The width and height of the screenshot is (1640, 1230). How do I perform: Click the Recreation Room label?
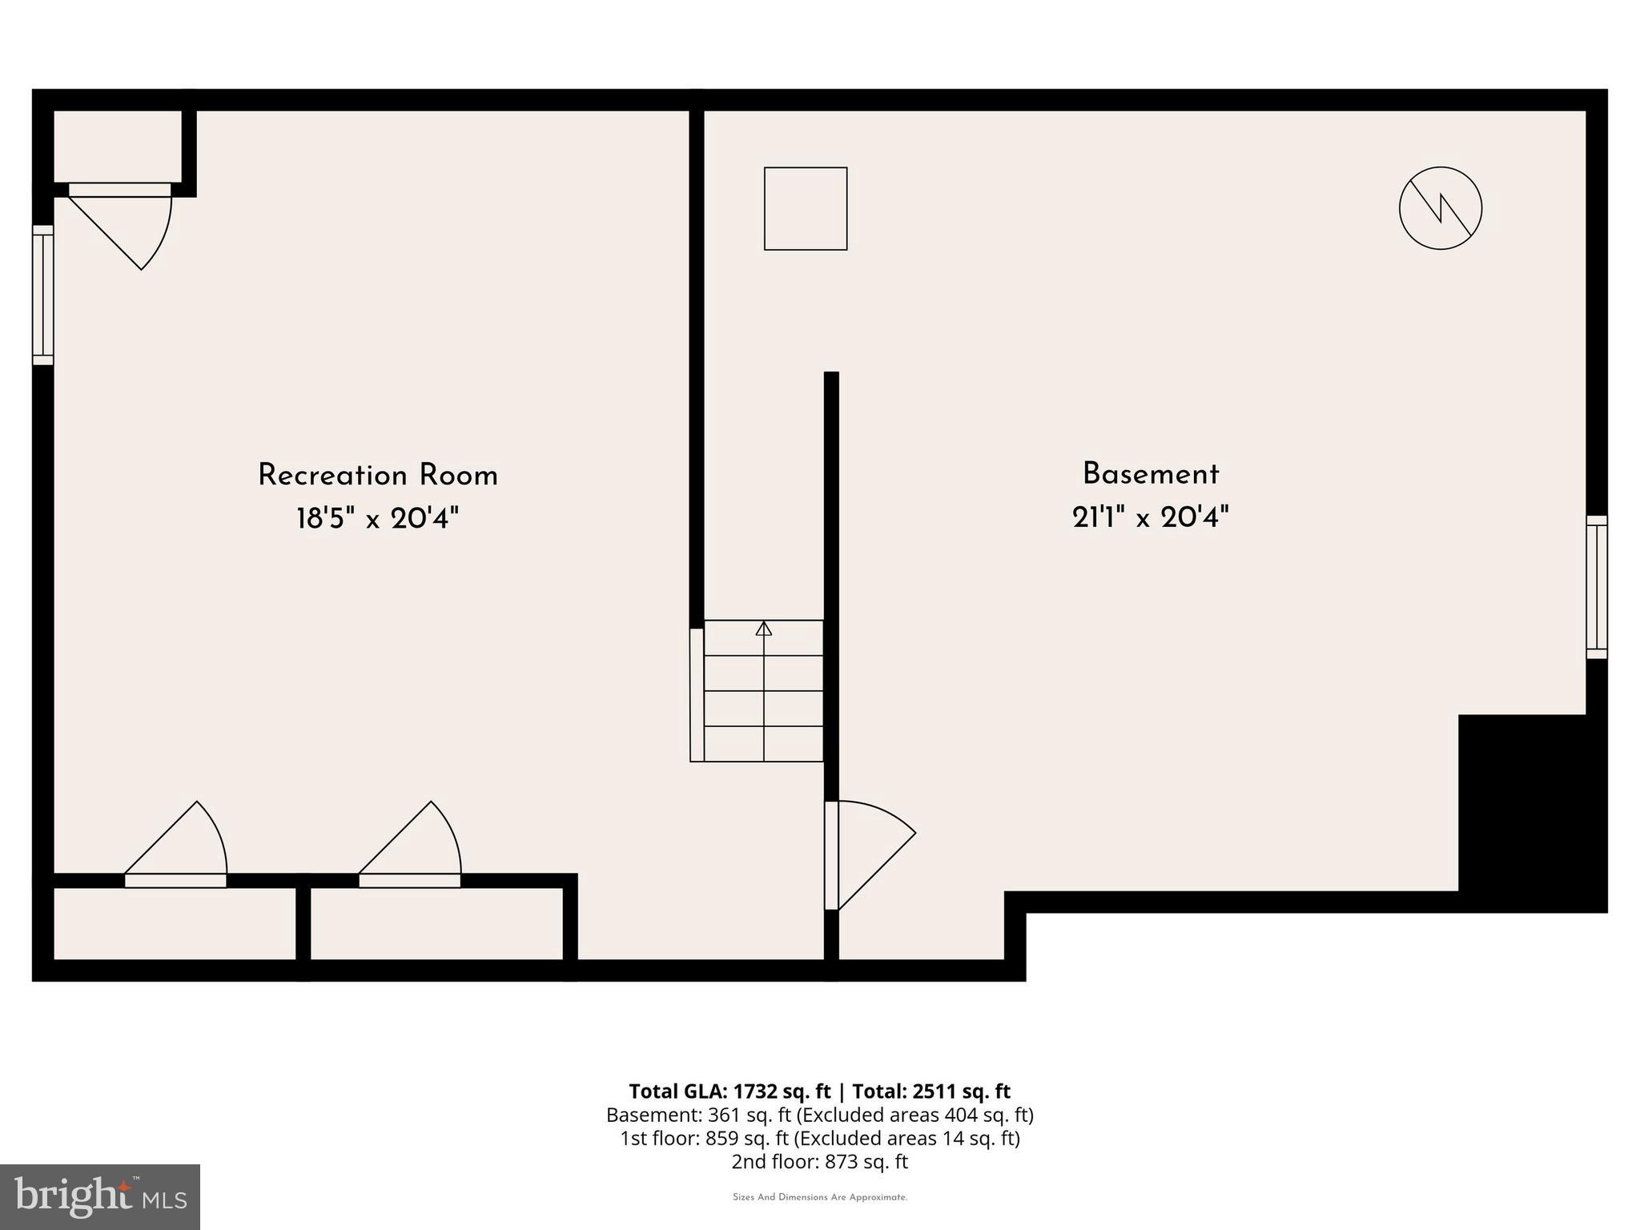[x=377, y=476]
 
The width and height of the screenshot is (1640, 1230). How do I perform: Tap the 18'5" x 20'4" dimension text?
[x=377, y=519]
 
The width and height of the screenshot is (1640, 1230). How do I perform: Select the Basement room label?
[x=1150, y=474]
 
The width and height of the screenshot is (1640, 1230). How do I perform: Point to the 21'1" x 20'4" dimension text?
[x=1150, y=517]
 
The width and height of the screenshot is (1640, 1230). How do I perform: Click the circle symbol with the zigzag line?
[x=1440, y=208]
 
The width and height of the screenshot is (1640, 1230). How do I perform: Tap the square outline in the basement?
[x=805, y=208]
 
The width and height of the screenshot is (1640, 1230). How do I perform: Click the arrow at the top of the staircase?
[x=763, y=629]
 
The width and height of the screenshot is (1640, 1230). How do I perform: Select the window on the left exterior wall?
[x=43, y=295]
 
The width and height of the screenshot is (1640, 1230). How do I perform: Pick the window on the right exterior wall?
[x=1596, y=587]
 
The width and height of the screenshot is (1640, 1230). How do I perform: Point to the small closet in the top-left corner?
[x=117, y=146]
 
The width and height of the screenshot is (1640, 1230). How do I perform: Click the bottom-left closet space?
[x=175, y=922]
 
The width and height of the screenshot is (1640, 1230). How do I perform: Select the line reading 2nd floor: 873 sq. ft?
[x=819, y=1161]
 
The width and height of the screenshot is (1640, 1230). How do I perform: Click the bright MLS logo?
[x=99, y=1196]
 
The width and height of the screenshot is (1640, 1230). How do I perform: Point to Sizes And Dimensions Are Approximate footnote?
[x=819, y=1197]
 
